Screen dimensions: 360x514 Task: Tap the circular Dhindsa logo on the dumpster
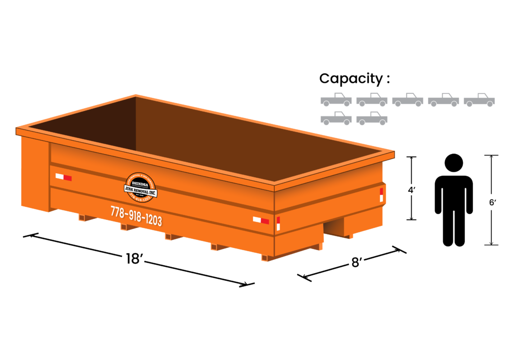click(x=141, y=187)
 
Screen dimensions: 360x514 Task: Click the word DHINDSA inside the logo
click(x=141, y=184)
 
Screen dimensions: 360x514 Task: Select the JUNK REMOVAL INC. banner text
click(x=141, y=191)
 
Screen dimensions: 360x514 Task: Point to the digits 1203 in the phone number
click(x=153, y=219)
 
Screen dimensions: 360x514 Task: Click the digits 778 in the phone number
click(x=117, y=212)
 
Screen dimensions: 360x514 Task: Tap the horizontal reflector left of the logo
click(x=63, y=177)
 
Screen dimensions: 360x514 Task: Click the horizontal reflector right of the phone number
click(x=261, y=220)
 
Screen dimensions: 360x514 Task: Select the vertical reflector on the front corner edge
click(x=278, y=223)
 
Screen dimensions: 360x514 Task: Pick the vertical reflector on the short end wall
click(x=381, y=195)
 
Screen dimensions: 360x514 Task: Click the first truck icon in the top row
click(x=336, y=99)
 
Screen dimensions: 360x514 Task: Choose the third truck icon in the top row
click(x=408, y=99)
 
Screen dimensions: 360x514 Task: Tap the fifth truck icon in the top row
click(x=479, y=99)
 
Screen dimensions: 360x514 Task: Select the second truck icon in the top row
click(x=371, y=99)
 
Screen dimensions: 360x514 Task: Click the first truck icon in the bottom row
click(x=336, y=118)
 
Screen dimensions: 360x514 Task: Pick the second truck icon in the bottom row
click(x=371, y=118)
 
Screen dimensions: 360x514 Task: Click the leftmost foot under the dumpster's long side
click(x=82, y=217)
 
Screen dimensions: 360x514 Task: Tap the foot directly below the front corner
click(x=265, y=258)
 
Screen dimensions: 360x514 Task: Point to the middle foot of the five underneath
click(x=169, y=236)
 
